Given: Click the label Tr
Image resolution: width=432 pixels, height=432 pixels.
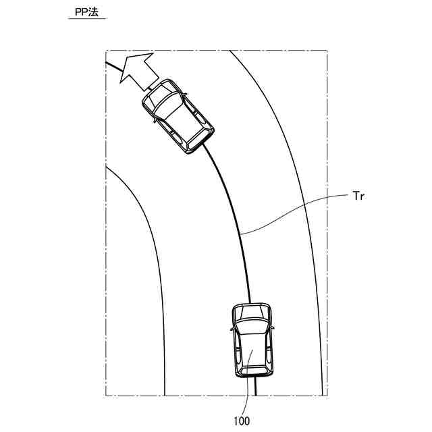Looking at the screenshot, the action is pos(358,196).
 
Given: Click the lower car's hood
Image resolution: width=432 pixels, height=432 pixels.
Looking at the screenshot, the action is pos(252,312).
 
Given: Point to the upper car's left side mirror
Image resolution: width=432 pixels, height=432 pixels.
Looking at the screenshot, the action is pos(155,120).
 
